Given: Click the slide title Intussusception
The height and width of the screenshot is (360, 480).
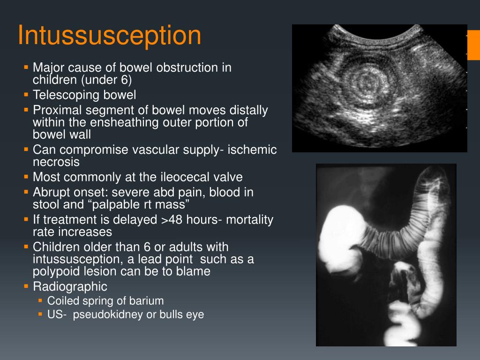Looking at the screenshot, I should (109, 36).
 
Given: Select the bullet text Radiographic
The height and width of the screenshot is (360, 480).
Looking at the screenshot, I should (70, 286).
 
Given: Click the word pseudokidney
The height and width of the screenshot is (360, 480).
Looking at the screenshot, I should (107, 315).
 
